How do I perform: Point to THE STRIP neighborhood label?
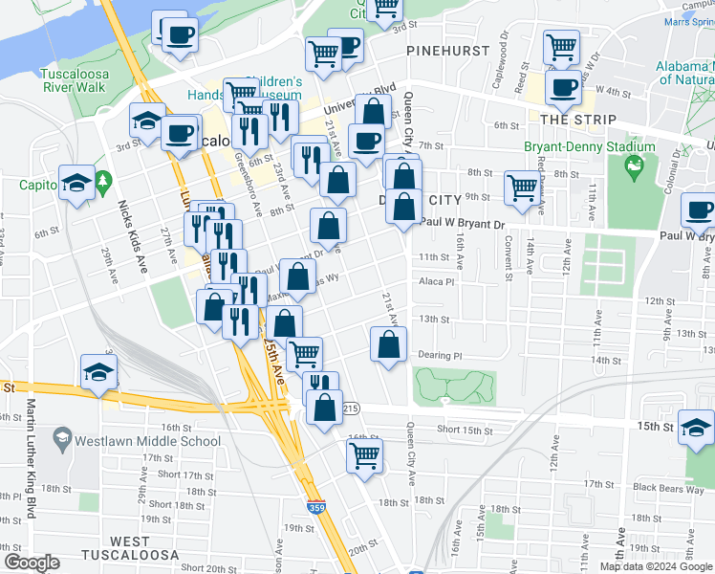point(569,119)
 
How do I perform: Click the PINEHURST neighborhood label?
point(441,49)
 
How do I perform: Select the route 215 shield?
point(351,408)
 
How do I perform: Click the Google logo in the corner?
point(32,562)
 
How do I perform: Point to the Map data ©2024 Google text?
point(656,566)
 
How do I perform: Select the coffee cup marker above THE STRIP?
point(562,88)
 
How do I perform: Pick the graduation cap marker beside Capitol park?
point(76,182)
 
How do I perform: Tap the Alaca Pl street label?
point(435,282)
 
